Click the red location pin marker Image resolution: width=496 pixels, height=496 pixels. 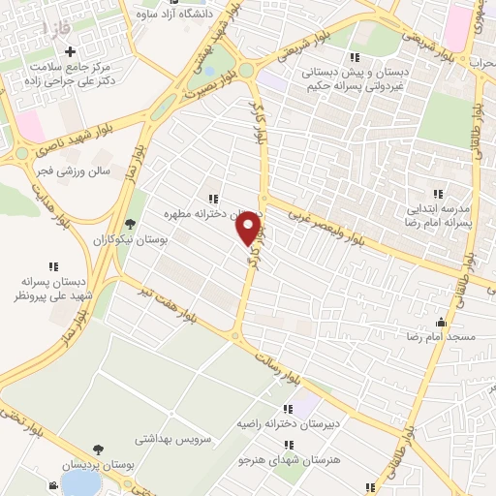(250, 229)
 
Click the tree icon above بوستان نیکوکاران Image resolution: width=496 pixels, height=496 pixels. (130, 225)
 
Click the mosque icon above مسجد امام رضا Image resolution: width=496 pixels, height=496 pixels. (443, 323)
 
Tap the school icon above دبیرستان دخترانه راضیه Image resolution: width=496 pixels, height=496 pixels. (287, 410)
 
